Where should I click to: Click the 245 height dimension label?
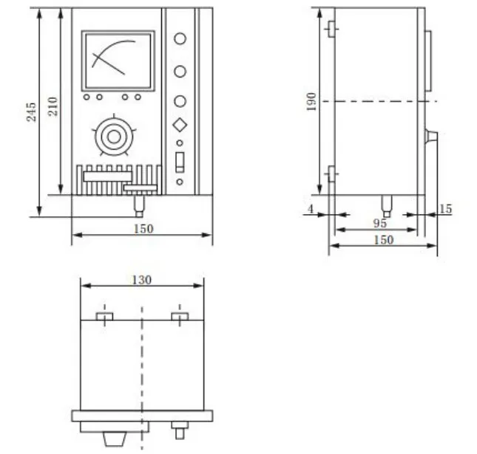coord(31,112)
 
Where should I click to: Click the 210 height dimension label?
coord(53,106)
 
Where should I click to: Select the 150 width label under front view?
coord(143,229)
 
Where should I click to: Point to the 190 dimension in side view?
coord(311,102)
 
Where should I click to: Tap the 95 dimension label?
coord(380,224)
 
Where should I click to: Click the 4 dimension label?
coord(311,209)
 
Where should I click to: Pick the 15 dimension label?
coord(446,209)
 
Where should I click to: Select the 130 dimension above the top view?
coord(142,280)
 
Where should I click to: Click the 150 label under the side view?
coord(383,240)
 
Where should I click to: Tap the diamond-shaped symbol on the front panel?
coord(180,125)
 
